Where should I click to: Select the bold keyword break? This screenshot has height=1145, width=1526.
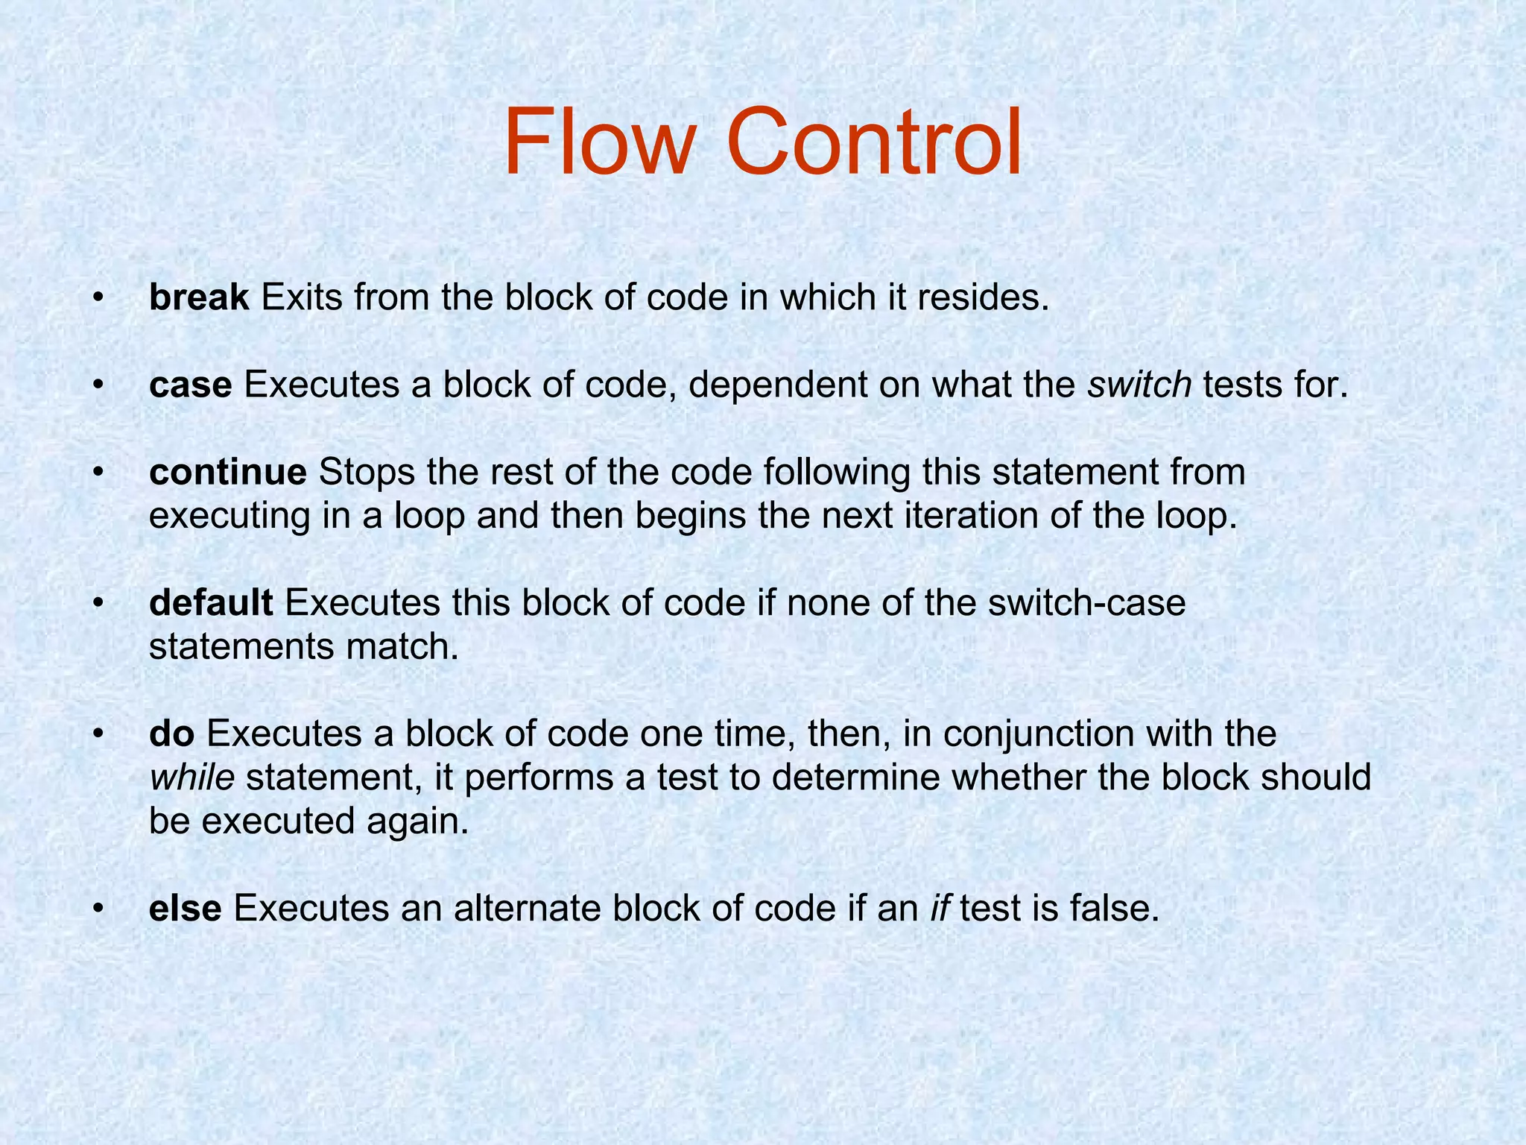click(199, 297)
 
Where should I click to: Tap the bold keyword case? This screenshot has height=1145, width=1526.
click(191, 385)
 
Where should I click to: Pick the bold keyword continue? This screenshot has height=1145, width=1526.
click(228, 473)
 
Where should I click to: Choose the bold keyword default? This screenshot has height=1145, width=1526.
click(211, 603)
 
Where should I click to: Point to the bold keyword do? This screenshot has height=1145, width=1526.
click(172, 734)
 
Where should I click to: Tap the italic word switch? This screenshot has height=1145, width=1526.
click(1140, 385)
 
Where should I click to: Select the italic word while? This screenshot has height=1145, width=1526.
click(192, 777)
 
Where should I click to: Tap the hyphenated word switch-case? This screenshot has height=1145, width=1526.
click(1086, 603)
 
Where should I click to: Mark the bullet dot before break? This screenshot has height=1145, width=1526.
click(98, 298)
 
